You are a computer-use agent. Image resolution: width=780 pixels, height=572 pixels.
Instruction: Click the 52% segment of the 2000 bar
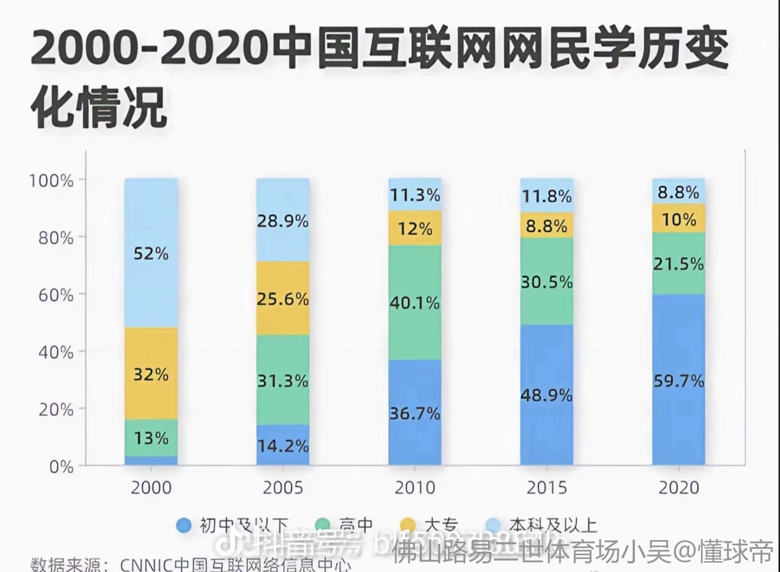coord(151,252)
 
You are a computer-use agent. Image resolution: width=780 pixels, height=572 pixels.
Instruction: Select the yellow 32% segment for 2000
coord(151,374)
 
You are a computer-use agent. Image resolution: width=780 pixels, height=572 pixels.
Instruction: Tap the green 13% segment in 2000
coord(151,438)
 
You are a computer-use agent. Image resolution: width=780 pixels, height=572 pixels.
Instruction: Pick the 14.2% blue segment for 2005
coord(283,445)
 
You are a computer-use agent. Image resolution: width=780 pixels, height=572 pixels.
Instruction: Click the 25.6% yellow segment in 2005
coord(283,298)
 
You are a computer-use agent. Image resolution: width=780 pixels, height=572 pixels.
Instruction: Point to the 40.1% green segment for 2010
coord(415,303)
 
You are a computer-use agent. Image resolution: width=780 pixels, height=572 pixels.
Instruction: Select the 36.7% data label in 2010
coord(415,413)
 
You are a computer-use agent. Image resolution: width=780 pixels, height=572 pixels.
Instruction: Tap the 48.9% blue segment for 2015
coord(547,395)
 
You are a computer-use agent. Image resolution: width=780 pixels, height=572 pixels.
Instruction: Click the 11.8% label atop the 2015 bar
coord(547,196)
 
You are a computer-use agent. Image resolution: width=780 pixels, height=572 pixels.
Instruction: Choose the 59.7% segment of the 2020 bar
coord(679,381)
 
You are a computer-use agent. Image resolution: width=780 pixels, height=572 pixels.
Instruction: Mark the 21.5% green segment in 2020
coord(679,264)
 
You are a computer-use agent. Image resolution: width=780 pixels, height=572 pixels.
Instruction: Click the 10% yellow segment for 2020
coord(679,219)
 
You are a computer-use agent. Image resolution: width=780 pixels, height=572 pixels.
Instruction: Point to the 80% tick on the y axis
coord(56,237)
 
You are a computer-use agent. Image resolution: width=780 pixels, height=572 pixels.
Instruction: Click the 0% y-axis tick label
coord(61,466)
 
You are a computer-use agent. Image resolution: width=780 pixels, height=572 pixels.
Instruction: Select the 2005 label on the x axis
coord(283,487)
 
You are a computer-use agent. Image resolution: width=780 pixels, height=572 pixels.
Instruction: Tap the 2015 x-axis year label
coord(547,487)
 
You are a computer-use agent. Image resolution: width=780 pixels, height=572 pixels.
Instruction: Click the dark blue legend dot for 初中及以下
coord(185,525)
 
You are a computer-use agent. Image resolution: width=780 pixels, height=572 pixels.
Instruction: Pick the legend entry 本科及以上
coord(552,525)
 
